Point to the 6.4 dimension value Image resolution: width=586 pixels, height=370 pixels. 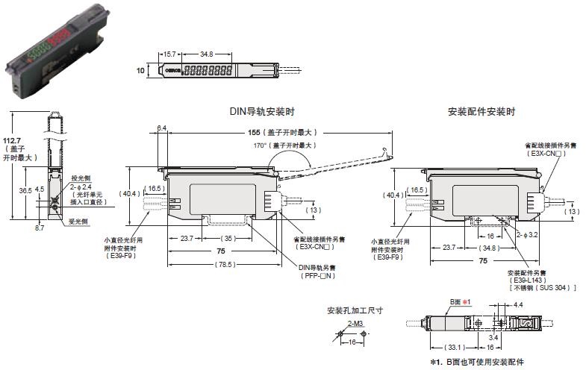coord(163,128)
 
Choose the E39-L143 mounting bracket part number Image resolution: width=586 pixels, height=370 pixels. coord(528,280)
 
